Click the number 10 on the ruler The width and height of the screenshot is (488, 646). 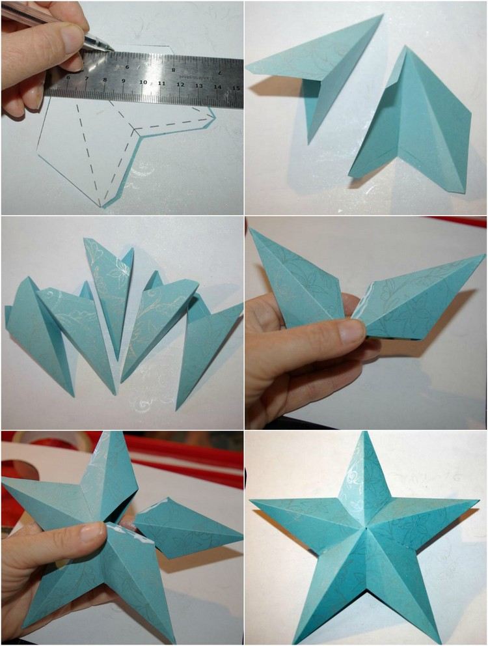pos(142,83)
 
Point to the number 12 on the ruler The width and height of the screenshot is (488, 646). pos(180,85)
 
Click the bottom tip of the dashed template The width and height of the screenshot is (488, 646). pos(102,206)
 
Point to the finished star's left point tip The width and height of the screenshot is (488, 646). pos(252,501)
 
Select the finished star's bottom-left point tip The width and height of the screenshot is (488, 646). pos(295,641)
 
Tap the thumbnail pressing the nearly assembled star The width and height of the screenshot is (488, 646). pos(92,532)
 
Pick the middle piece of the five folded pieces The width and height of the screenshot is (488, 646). pos(109,293)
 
